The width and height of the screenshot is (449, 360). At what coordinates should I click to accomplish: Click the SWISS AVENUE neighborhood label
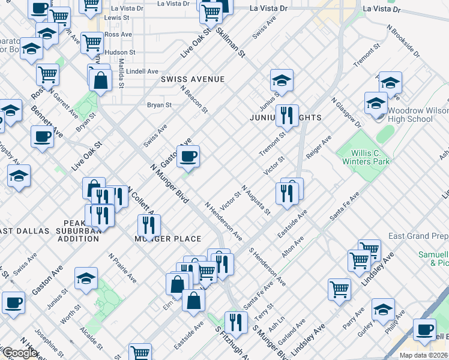pos(192,79)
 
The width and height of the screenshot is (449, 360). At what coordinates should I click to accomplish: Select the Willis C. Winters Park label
pos(366,157)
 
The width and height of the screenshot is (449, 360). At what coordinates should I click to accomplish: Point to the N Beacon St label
pos(194,99)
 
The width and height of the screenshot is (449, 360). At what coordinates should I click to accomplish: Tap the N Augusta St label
pos(256,199)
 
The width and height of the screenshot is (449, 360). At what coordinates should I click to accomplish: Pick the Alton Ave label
pos(293,247)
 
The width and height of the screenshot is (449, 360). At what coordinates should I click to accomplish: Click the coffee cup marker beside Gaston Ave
pos(188,157)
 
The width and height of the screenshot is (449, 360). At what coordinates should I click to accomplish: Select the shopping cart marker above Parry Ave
pos(339,289)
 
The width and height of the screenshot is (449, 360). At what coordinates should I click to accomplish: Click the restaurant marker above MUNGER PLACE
pos(148,225)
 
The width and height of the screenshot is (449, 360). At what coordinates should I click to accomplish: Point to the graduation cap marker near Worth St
pos(86,278)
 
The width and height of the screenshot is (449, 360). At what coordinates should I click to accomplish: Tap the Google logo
pos(19,353)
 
